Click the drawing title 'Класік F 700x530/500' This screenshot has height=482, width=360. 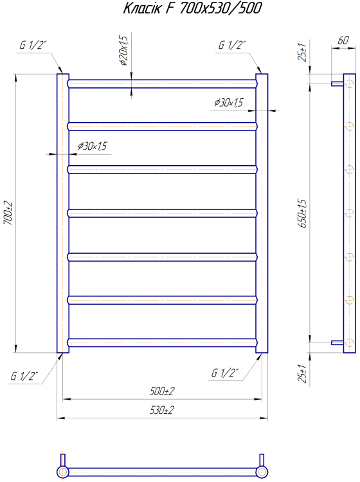pyautogui.click(x=192, y=8)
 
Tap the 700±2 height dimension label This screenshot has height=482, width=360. pyautogui.click(x=8, y=213)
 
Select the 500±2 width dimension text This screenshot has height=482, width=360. pyautogui.click(x=162, y=391)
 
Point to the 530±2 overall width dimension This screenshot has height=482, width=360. pyautogui.click(x=162, y=410)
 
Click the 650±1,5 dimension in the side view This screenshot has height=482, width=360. pyautogui.click(x=303, y=213)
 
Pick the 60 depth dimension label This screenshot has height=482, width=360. pyautogui.click(x=343, y=40)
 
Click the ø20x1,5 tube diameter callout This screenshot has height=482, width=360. pyautogui.click(x=123, y=51)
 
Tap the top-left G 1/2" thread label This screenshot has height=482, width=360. pyautogui.click(x=33, y=45)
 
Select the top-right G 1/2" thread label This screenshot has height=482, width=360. pyautogui.click(x=232, y=45)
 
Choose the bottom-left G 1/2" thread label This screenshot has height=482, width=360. pyautogui.click(x=24, y=376)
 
